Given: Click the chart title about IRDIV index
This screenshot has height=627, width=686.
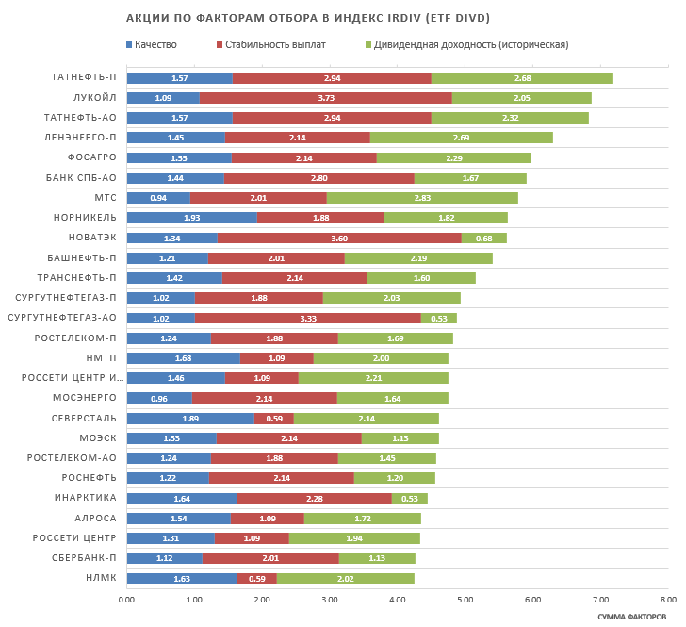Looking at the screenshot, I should click(308, 18).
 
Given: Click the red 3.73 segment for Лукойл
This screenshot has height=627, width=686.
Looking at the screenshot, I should click(325, 98).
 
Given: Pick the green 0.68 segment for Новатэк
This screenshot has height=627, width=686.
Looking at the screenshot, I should click(483, 238).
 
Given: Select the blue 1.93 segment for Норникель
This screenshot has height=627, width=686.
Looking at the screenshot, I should click(191, 218).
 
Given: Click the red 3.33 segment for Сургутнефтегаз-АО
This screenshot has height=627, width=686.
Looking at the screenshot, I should click(307, 318).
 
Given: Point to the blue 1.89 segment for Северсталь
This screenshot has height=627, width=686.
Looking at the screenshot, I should click(189, 418).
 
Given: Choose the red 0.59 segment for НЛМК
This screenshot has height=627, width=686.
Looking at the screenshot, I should click(256, 578).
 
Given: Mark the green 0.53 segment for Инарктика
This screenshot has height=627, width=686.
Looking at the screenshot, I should click(409, 498).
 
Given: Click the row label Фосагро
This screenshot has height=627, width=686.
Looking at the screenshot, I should click(92, 157).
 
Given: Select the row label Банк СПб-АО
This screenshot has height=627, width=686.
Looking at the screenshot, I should click(82, 177).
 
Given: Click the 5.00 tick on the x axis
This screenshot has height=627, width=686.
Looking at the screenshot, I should click(465, 598).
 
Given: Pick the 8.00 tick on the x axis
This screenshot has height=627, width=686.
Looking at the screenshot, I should click(667, 598).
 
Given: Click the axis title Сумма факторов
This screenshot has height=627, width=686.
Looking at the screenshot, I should click(631, 616).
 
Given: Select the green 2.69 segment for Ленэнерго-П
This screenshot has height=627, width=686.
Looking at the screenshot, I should click(461, 138).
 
